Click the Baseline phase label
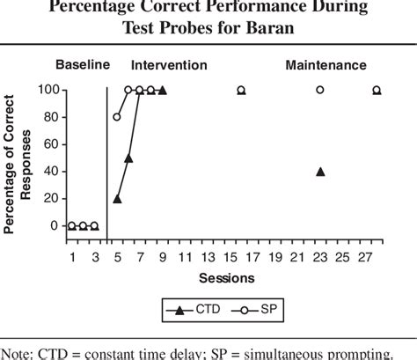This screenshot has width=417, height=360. pos(82,65)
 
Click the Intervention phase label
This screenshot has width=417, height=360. pos(169,65)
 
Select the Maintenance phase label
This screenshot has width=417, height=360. pos(325,65)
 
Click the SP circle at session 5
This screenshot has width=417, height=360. pos(117,117)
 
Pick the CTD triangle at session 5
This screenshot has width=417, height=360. pos(117,198)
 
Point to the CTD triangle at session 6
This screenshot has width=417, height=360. pos(128,158)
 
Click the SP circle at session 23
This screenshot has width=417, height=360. pos(320,90)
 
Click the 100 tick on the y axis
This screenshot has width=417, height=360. pos(49,90)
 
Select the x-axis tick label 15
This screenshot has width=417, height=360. pos(230,257)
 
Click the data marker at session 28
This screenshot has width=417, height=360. pos(377,90)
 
